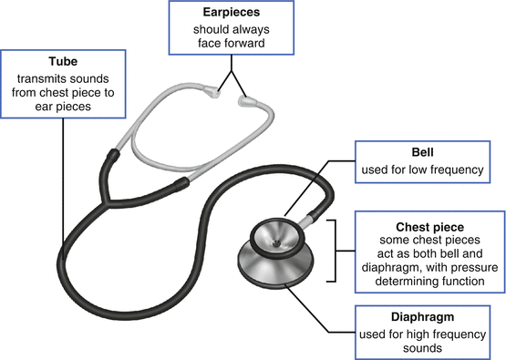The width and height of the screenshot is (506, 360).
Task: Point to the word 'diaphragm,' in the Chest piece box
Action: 389,268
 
